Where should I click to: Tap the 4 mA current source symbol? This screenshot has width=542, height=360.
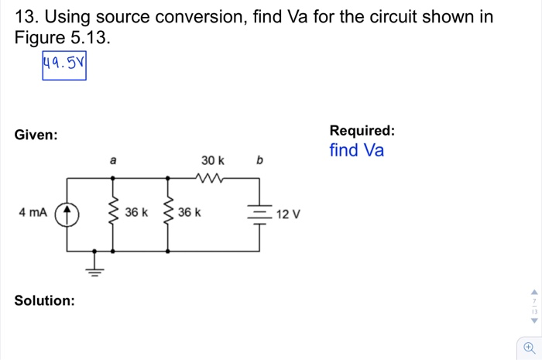(67, 212)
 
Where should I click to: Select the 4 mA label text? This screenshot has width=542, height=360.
(33, 212)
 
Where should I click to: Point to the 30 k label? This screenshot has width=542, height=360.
(212, 160)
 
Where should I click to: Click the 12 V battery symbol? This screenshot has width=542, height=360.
(259, 214)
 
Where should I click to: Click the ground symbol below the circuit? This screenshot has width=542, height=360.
(95, 267)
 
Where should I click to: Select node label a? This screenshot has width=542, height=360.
(113, 161)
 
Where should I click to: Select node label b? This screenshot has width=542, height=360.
(259, 161)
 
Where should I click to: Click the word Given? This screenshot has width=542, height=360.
(36, 135)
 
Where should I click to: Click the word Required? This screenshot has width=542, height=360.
(362, 130)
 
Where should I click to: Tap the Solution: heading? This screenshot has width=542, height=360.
(45, 300)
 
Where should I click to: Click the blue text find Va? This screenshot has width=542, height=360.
(356, 150)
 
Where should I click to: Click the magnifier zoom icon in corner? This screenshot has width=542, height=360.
(529, 347)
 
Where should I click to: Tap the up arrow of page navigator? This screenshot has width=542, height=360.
(533, 293)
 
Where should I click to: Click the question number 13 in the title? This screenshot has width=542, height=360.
(24, 16)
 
